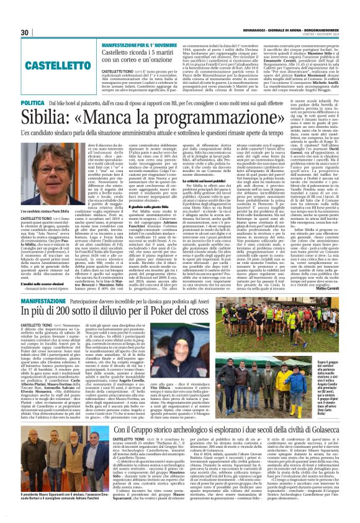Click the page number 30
click(25, 32)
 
